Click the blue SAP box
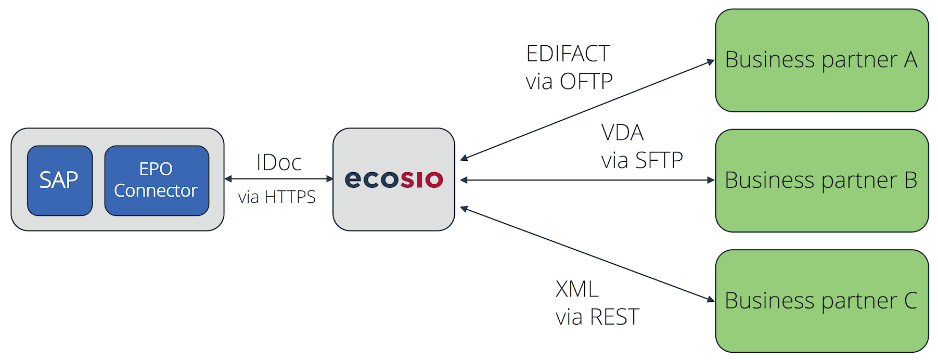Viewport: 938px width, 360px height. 59,181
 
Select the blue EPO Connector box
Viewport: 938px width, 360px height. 156,181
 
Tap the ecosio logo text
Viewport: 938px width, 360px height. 394,179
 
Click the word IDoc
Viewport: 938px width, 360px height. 279,163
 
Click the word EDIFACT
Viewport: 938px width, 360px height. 568,54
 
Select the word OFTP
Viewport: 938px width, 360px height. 586,82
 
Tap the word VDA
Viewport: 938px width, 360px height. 622,133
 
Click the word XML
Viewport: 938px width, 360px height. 577,289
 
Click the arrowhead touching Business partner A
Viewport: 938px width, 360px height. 711,62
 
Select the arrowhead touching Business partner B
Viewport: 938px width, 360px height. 711,180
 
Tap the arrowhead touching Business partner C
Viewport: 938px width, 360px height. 711,299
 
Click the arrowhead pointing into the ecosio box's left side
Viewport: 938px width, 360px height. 329,179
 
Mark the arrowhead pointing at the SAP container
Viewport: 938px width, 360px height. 228,179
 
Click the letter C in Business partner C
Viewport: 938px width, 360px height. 910,301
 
